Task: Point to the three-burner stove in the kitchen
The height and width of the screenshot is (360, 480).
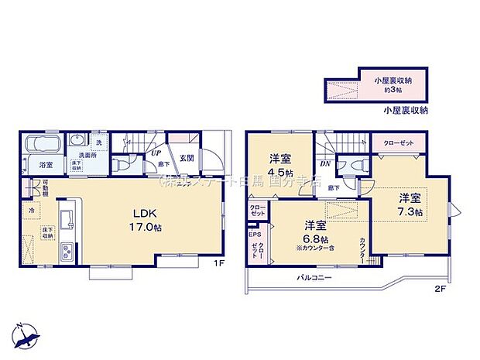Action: pyautogui.click(x=67, y=250)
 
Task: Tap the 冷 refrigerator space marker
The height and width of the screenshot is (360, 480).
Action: pyautogui.click(x=32, y=210)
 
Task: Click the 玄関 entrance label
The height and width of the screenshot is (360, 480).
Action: pyautogui.click(x=187, y=158)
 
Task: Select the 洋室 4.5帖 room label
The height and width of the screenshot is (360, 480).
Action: pyautogui.click(x=279, y=165)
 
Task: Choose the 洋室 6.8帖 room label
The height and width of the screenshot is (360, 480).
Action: pyautogui.click(x=314, y=231)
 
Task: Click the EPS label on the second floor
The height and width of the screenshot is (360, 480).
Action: pyautogui.click(x=254, y=233)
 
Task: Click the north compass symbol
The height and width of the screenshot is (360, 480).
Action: pyautogui.click(x=28, y=334)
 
